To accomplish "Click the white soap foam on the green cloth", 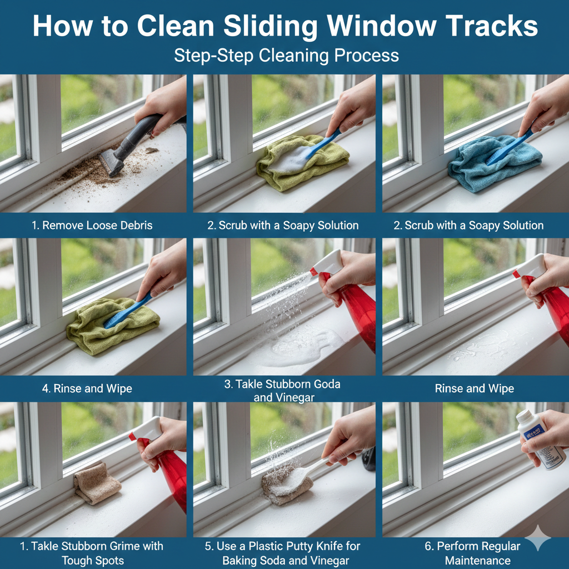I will pyautogui.click(x=289, y=161).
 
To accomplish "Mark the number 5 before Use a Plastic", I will pyautogui.click(x=208, y=546).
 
